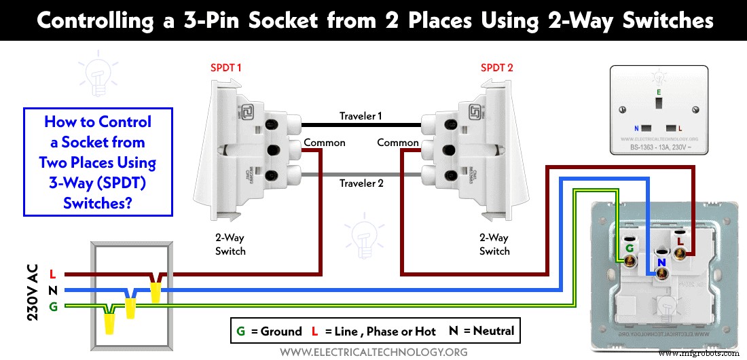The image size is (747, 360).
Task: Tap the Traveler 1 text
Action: (x=361, y=116)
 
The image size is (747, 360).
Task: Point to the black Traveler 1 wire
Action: (x=360, y=125)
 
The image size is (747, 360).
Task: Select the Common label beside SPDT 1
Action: (x=325, y=143)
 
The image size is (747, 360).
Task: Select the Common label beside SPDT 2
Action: (x=397, y=143)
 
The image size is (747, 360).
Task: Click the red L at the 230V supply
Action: (x=52, y=274)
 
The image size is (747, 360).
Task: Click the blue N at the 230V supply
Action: (x=52, y=290)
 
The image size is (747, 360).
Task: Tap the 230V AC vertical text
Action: (x=31, y=290)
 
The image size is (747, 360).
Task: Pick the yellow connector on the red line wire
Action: (x=156, y=292)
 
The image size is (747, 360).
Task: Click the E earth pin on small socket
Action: (x=657, y=103)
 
